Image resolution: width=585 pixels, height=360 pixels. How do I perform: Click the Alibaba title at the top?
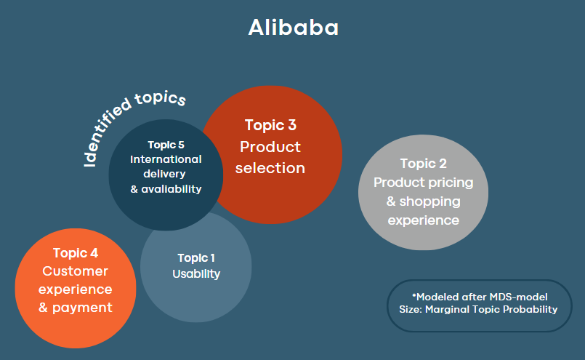(294, 27)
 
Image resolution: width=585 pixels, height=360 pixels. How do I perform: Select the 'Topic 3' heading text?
(270, 125)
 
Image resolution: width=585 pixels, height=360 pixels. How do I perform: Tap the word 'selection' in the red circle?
(270, 168)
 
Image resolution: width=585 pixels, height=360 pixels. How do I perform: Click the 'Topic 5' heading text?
(166, 145)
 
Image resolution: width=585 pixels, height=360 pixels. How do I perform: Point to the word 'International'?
(166, 159)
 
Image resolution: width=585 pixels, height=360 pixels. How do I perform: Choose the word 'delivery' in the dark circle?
(164, 174)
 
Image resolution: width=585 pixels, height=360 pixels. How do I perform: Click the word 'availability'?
(172, 189)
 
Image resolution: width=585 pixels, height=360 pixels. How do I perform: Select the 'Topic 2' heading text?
(424, 164)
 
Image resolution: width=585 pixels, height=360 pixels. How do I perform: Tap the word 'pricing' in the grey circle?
(451, 183)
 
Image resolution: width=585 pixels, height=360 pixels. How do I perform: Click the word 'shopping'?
(429, 202)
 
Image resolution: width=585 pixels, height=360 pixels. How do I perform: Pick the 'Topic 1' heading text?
(196, 258)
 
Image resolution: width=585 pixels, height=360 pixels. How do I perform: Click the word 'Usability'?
(196, 274)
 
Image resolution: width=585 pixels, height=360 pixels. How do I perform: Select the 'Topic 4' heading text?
(76, 253)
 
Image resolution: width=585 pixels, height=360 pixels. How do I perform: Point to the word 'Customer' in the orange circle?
(76, 271)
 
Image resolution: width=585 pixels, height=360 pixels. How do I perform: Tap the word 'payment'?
(82, 308)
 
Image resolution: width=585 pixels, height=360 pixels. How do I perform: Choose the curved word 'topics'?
(161, 98)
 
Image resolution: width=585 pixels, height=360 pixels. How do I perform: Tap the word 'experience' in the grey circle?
(424, 220)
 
